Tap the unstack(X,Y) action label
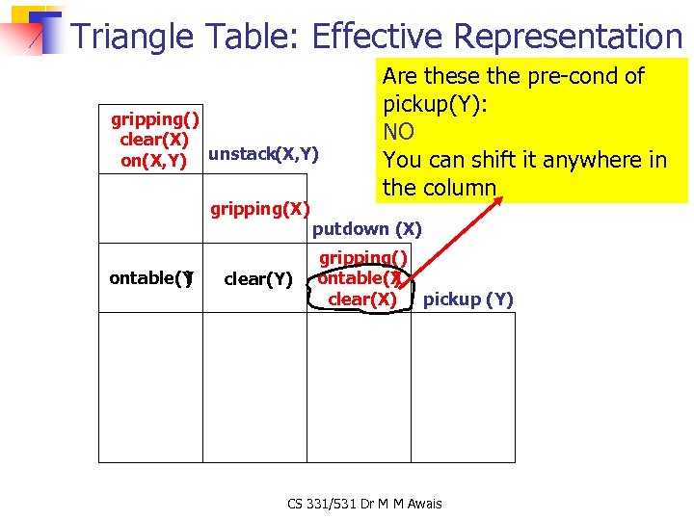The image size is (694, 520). point(263,154)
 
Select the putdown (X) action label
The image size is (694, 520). point(367,229)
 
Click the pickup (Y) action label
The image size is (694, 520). point(468,299)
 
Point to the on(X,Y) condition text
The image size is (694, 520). point(153,161)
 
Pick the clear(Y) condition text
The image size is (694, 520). point(257,280)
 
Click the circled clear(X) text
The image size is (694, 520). point(361,299)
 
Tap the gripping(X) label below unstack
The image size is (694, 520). point(260,209)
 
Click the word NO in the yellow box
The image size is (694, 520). point(398,132)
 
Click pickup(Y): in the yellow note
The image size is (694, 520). point(435,104)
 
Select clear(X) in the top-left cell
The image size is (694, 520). point(153,141)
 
